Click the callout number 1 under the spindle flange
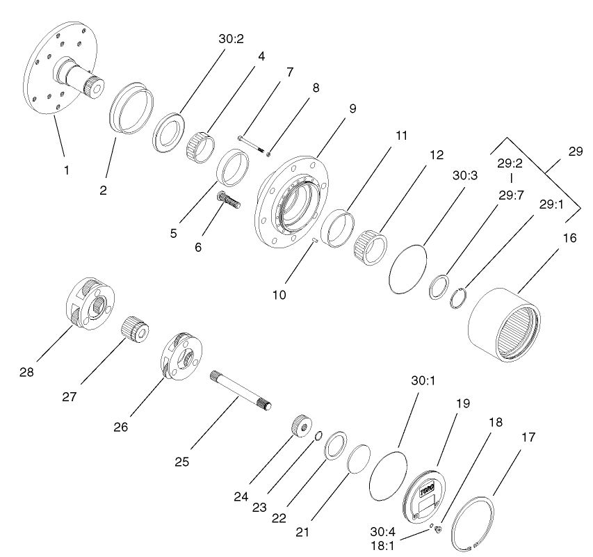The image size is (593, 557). (x=67, y=170)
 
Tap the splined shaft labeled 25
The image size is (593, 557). (x=240, y=390)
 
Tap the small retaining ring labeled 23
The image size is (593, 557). (x=317, y=437)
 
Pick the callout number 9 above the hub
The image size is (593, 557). (x=352, y=108)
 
